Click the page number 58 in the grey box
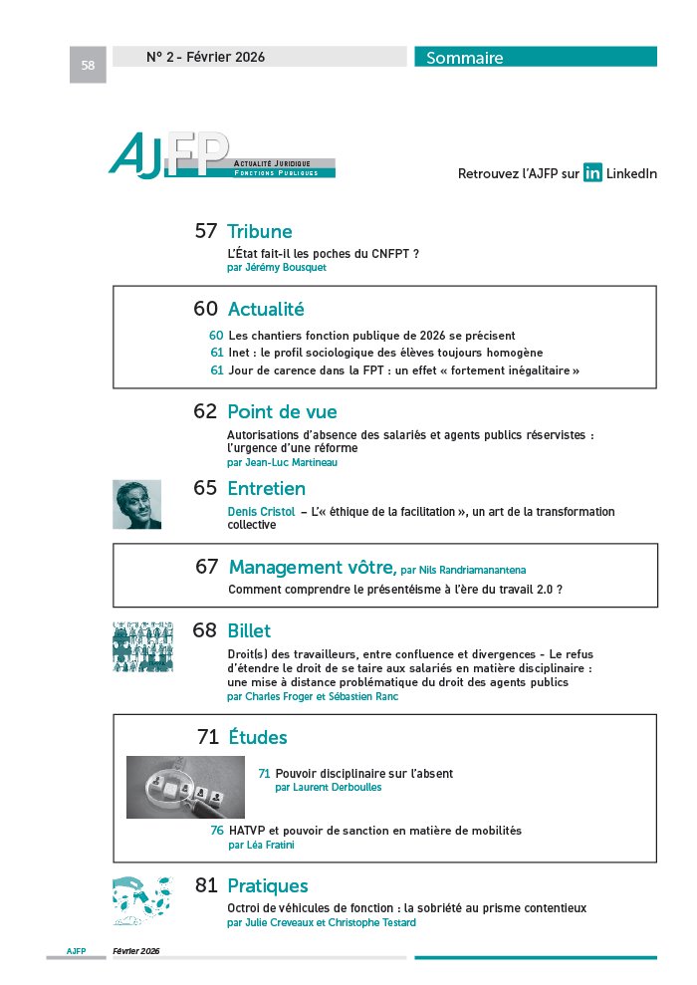tap(88, 66)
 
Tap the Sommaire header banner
tap(535, 58)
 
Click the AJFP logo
tap(221, 157)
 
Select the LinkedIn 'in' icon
tap(592, 173)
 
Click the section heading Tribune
tap(259, 232)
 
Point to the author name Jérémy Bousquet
tap(277, 268)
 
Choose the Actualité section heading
tap(265, 310)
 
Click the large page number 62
tap(205, 411)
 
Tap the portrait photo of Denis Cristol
tap(137, 504)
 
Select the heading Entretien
tap(266, 489)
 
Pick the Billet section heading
tap(249, 631)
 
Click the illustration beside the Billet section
tap(142, 646)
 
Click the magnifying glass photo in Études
tap(185, 787)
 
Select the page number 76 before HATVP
tap(216, 830)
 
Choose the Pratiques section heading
tap(268, 885)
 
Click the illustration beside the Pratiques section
tap(141, 900)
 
